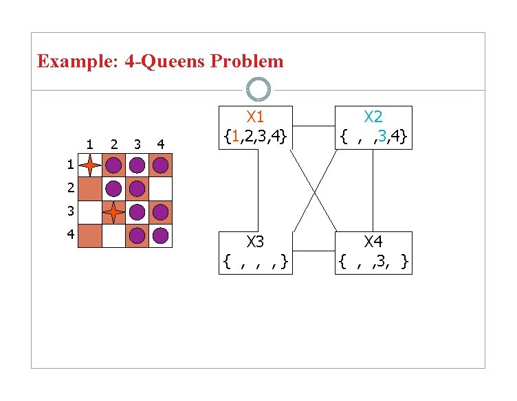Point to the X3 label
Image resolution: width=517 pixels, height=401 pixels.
255,242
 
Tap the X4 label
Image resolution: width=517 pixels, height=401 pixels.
373,242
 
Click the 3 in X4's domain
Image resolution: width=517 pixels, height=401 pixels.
385,261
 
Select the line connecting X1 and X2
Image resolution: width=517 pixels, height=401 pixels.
314,126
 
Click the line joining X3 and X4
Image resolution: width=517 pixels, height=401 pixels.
314,251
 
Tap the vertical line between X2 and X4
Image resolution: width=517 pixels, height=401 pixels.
373,190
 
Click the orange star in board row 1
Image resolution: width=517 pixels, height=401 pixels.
90,165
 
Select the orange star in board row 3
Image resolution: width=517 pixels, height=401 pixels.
113,212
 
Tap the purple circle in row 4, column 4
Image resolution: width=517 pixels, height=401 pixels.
160,236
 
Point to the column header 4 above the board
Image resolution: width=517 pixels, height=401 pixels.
160,144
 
